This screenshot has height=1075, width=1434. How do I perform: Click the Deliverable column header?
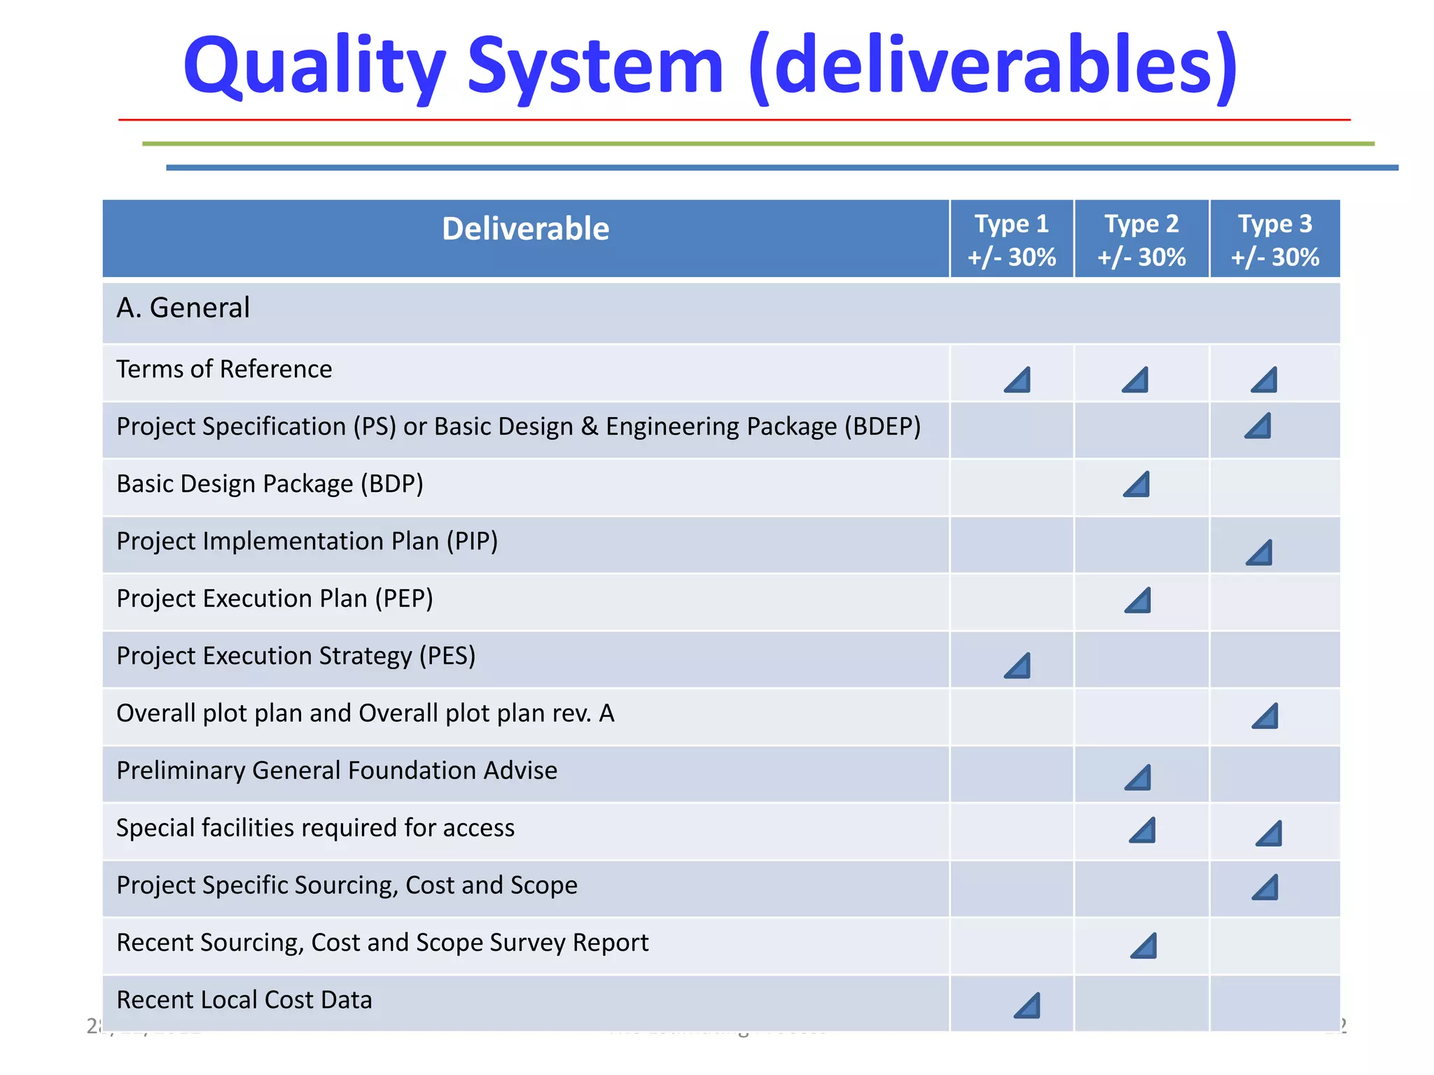525,229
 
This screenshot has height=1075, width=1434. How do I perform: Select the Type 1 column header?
1011,239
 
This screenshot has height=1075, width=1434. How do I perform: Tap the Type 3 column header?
1274,239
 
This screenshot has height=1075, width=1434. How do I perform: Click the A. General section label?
183,308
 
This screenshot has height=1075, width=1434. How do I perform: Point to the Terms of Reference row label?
224,369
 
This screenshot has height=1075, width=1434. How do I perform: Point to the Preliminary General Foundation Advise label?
337,771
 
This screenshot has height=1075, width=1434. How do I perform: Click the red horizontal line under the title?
734,120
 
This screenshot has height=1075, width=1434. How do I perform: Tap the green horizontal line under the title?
758,143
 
